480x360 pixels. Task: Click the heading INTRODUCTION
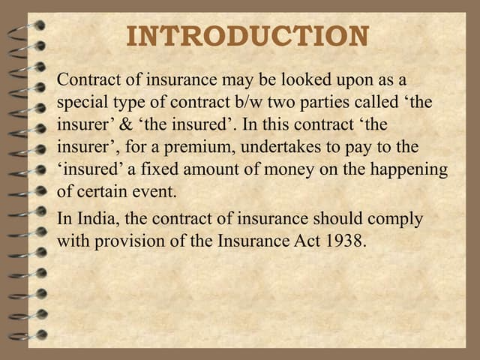pos(247,37)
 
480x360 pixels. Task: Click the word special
pos(82,102)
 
